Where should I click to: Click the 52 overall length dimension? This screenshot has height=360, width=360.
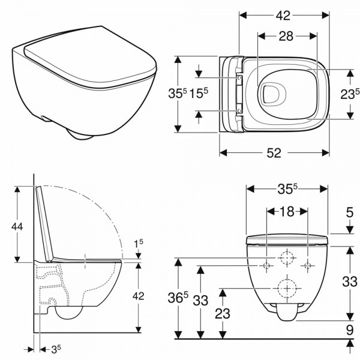point(274,154)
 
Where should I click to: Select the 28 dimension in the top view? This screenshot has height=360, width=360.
point(286,37)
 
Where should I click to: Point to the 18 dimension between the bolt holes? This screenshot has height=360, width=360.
point(287,211)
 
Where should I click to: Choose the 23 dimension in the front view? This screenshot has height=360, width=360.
point(223,313)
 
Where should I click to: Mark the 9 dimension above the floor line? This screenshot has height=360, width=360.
point(349,329)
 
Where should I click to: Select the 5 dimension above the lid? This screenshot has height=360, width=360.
point(349,211)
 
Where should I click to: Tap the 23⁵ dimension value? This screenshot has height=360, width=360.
point(349,94)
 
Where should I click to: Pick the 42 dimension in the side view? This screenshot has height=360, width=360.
point(139,295)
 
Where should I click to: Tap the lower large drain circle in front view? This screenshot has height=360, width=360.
point(287,288)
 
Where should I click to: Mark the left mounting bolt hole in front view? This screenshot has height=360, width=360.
point(266,265)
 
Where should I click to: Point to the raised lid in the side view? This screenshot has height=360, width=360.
point(44,222)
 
